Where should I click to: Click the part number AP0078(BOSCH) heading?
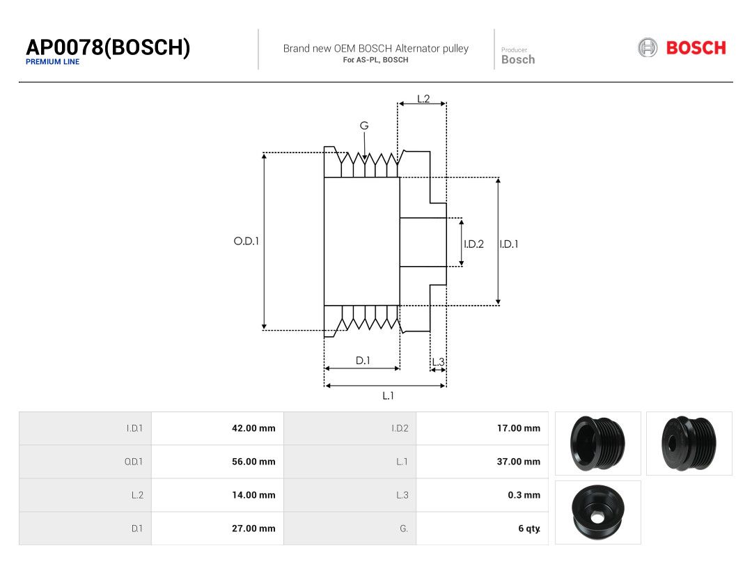tap(108, 47)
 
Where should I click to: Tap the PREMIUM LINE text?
tap(53, 62)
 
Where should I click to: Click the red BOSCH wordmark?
tap(696, 48)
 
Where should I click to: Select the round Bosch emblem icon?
tap(648, 48)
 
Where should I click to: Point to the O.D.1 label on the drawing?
tap(246, 241)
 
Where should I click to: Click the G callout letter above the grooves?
tap(364, 125)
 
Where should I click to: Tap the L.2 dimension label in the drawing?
tap(423, 99)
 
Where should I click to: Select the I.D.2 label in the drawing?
tap(474, 244)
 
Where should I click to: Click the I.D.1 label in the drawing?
tap(509, 244)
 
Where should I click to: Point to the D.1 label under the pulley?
tap(363, 360)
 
